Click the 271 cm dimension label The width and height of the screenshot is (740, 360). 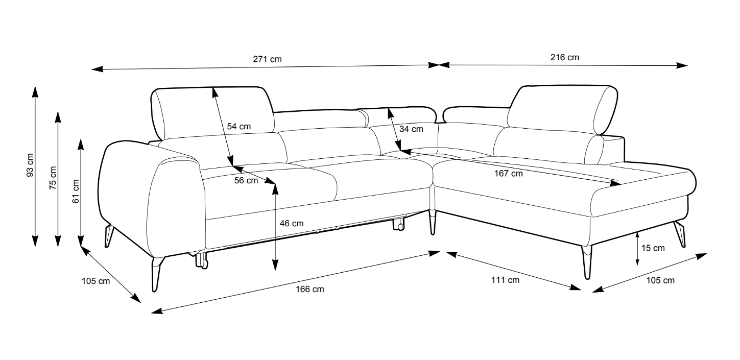pyautogui.click(x=267, y=59)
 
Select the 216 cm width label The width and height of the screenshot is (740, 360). pyautogui.click(x=564, y=57)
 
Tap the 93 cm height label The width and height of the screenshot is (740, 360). pyautogui.click(x=30, y=165)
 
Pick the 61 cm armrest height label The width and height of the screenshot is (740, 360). pyautogui.click(x=76, y=191)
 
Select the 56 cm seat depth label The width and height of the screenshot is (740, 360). pyautogui.click(x=246, y=180)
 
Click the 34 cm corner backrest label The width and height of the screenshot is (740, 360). pyautogui.click(x=411, y=129)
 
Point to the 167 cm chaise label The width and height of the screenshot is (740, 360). pyautogui.click(x=509, y=174)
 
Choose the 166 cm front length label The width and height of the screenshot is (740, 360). pyautogui.click(x=309, y=290)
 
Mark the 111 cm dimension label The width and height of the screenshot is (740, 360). pyautogui.click(x=505, y=280)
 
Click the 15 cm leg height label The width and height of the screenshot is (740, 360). pyautogui.click(x=653, y=248)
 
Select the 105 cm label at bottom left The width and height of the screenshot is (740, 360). pyautogui.click(x=96, y=281)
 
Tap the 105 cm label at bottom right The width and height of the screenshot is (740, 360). pyautogui.click(x=660, y=280)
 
